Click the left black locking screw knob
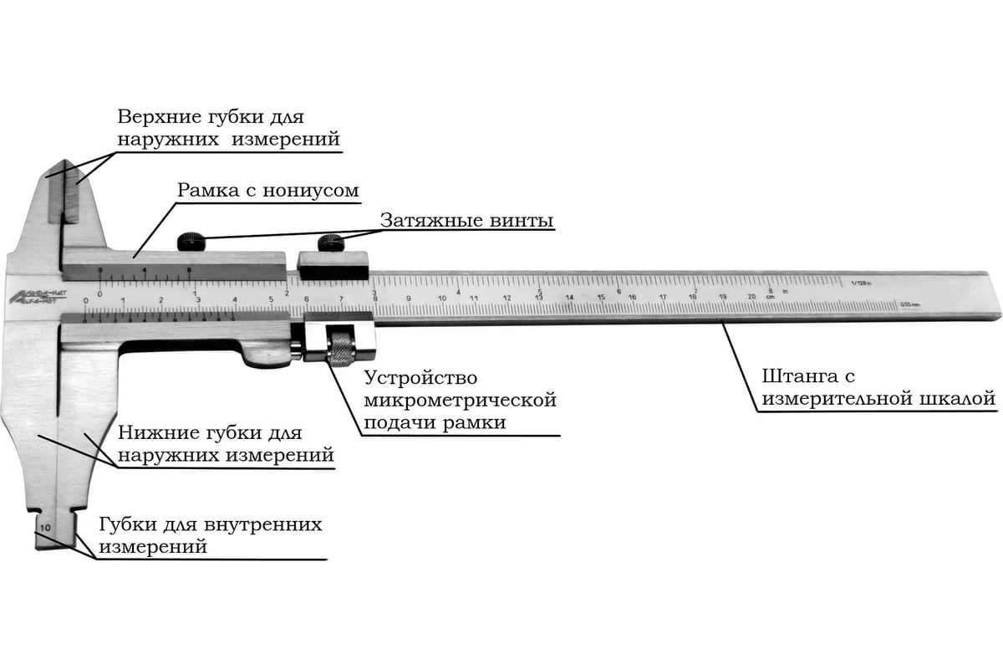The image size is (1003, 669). (x=191, y=243)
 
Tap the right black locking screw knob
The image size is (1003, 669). (x=332, y=243)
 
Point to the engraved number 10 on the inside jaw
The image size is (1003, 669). (x=44, y=528)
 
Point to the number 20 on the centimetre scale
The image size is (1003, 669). (x=752, y=297)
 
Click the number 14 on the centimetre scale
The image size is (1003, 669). (x=568, y=298)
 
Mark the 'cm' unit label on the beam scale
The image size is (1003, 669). (x=770, y=298)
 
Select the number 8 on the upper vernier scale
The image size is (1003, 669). (x=190, y=270)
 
